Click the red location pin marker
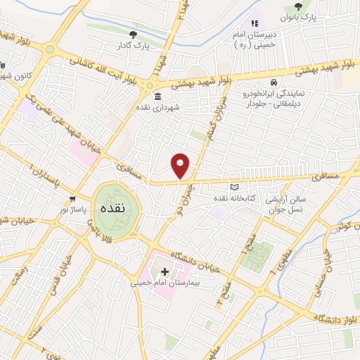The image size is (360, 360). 181,165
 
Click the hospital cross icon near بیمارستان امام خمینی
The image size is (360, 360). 165,271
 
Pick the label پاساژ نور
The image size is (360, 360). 73,210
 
